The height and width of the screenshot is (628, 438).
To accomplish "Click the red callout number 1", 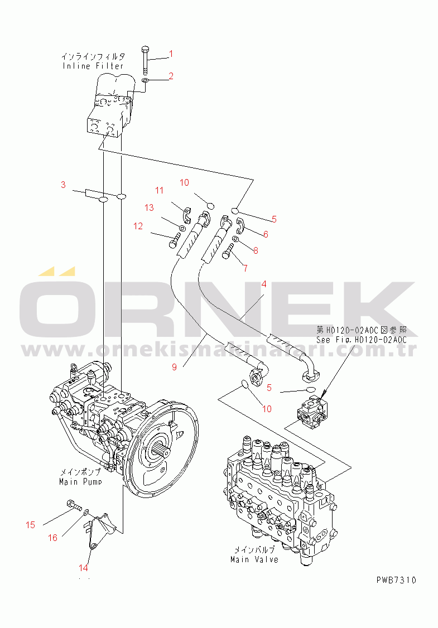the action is pyautogui.click(x=171, y=54).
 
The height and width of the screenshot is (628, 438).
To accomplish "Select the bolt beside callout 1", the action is pyautogui.click(x=146, y=61).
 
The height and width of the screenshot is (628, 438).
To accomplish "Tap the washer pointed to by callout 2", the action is pyautogui.click(x=146, y=81).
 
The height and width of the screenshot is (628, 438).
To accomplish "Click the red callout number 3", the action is pyautogui.click(x=63, y=185).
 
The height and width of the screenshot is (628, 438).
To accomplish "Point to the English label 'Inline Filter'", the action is pyautogui.click(x=93, y=66).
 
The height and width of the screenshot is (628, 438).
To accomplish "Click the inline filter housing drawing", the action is pyautogui.click(x=109, y=106).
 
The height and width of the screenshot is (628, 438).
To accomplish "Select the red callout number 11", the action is pyautogui.click(x=160, y=190).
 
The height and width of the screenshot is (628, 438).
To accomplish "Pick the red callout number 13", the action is pyautogui.click(x=149, y=207).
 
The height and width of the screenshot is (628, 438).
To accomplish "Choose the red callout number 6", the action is pyautogui.click(x=266, y=234).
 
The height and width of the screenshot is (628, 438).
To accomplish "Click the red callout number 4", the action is pyautogui.click(x=264, y=284).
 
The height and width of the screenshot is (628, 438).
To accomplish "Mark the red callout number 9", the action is pyautogui.click(x=174, y=367).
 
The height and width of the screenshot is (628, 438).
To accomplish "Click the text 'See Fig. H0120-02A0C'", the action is pyautogui.click(x=362, y=340).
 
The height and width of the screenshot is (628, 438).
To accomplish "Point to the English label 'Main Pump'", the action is pyautogui.click(x=80, y=481).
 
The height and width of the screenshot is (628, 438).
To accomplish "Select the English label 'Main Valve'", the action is pyautogui.click(x=254, y=559).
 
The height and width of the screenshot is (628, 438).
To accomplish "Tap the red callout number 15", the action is pyautogui.click(x=31, y=525).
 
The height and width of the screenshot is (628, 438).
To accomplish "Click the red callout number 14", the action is pyautogui.click(x=83, y=568).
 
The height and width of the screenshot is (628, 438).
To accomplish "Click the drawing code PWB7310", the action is pyautogui.click(x=396, y=580).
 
